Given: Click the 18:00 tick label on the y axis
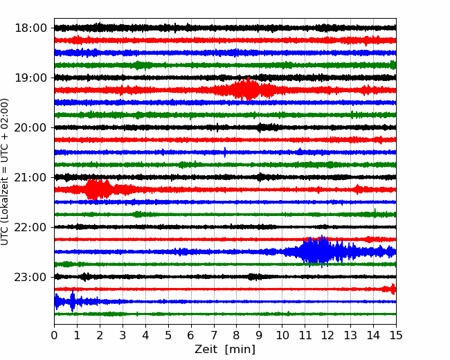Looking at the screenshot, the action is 30,28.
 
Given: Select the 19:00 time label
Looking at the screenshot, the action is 30,78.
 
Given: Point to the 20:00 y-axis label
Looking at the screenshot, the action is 30,127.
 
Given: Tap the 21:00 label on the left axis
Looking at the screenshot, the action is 30,177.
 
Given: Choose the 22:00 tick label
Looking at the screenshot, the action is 30,227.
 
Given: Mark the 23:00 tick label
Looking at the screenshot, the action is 30,277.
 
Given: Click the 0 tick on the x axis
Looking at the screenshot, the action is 54,335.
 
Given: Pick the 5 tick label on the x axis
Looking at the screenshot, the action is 168,335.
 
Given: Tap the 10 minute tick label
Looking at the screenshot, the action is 282,335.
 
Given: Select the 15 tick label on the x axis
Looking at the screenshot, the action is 396,335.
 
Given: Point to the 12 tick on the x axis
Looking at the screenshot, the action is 327,335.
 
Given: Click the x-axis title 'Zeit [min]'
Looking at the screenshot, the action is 225,350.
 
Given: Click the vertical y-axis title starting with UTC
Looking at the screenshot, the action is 4,172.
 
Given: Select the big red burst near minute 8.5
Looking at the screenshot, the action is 247,89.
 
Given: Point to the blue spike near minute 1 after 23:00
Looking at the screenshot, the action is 72,301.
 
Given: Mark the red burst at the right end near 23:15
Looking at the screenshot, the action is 393,289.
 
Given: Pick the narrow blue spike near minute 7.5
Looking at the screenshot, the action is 225,152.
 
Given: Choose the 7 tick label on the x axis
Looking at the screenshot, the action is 214,335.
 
